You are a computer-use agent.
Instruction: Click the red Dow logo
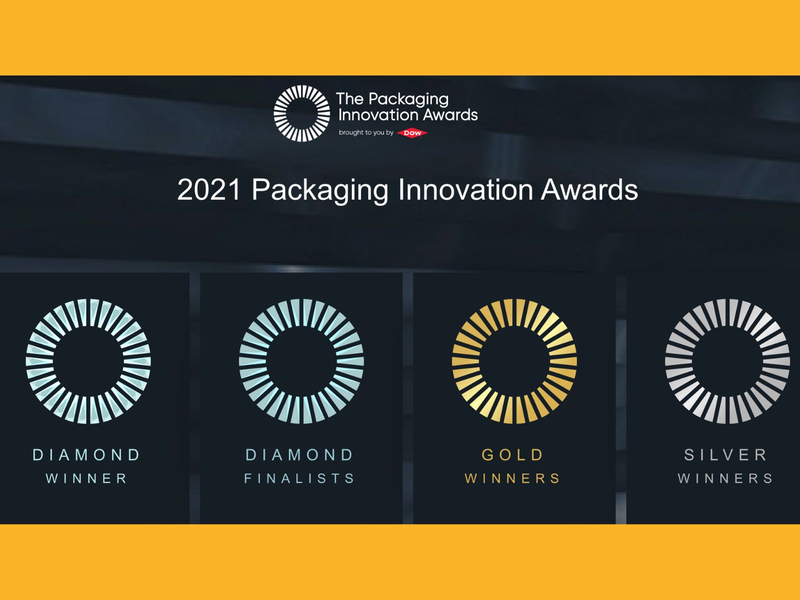[412, 133]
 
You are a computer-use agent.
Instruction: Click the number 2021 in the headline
[209, 189]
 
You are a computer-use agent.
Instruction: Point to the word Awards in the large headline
[589, 189]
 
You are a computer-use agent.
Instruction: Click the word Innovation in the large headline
[466, 189]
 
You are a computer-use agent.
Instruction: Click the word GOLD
[512, 454]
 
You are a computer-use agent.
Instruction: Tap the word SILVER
[725, 454]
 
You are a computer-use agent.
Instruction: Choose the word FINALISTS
[299, 478]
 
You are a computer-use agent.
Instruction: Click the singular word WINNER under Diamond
[86, 478]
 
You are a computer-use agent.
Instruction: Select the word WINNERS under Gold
[512, 478]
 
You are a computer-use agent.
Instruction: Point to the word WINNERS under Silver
[725, 478]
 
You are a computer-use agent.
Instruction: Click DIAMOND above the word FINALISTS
[299, 454]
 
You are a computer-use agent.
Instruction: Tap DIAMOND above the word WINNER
[86, 454]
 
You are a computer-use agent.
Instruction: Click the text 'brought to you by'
[366, 132]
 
